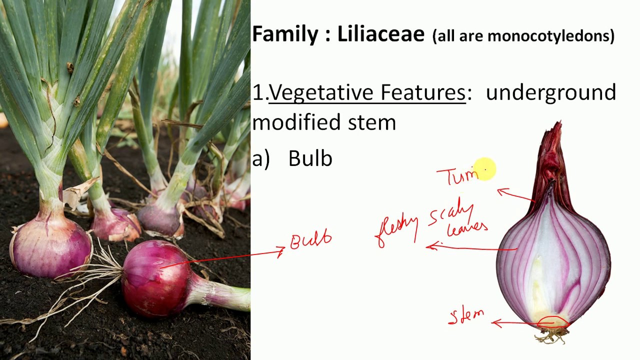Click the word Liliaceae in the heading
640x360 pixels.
pyautogui.click(x=380, y=34)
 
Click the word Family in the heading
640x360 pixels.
pyautogui.click(x=284, y=34)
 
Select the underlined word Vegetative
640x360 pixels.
pyautogui.click(x=321, y=93)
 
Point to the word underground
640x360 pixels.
pyautogui.click(x=550, y=93)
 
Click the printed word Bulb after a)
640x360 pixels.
pyautogui.click(x=310, y=158)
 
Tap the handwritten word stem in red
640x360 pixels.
pyautogui.click(x=466, y=316)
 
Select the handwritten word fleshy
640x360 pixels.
pyautogui.click(x=397, y=229)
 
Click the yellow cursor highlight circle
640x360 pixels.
pyautogui.click(x=483, y=168)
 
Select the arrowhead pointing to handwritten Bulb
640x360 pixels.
pyautogui.click(x=281, y=251)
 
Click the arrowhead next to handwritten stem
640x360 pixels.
pyautogui.click(x=496, y=323)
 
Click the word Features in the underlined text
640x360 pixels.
pyautogui.click(x=422, y=93)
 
